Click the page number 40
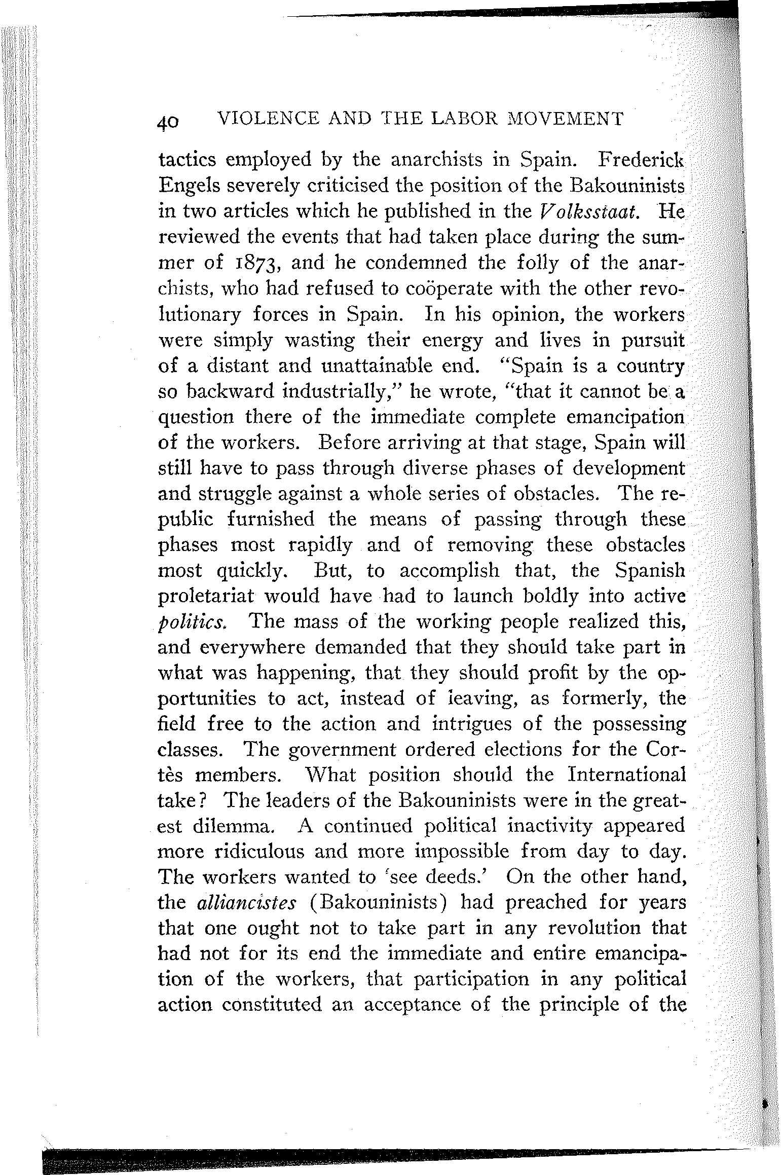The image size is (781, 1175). point(168,122)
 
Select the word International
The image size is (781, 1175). point(626,775)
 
